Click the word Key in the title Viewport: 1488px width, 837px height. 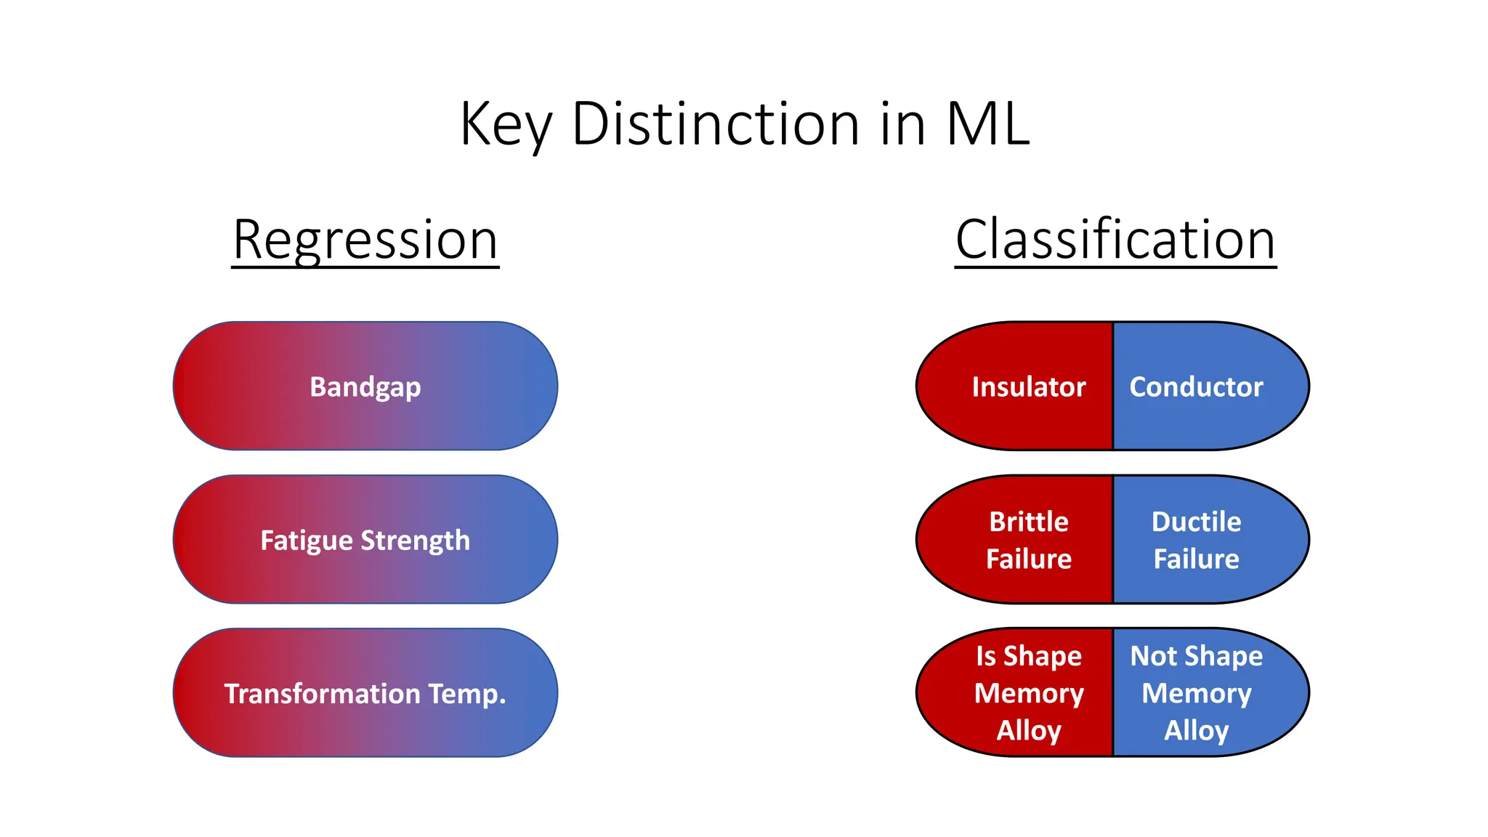pyautogui.click(x=506, y=125)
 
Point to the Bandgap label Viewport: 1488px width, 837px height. pyautogui.click(x=365, y=387)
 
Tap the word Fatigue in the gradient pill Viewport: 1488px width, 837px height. pyautogui.click(x=307, y=541)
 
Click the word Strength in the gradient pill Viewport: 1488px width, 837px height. pyautogui.click(x=416, y=541)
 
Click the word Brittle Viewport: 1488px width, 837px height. pyautogui.click(x=1029, y=522)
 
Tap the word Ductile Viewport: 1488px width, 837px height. pyautogui.click(x=1196, y=522)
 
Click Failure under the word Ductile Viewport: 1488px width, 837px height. pyautogui.click(x=1196, y=559)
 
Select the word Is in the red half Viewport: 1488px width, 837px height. pyautogui.click(x=985, y=656)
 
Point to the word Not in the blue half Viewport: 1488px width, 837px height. pyautogui.click(x=1153, y=656)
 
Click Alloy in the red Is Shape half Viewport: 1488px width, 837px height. pyautogui.click(x=1029, y=730)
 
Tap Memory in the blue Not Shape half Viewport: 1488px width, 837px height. pyautogui.click(x=1196, y=693)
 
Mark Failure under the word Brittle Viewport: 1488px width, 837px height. pyautogui.click(x=1029, y=559)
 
